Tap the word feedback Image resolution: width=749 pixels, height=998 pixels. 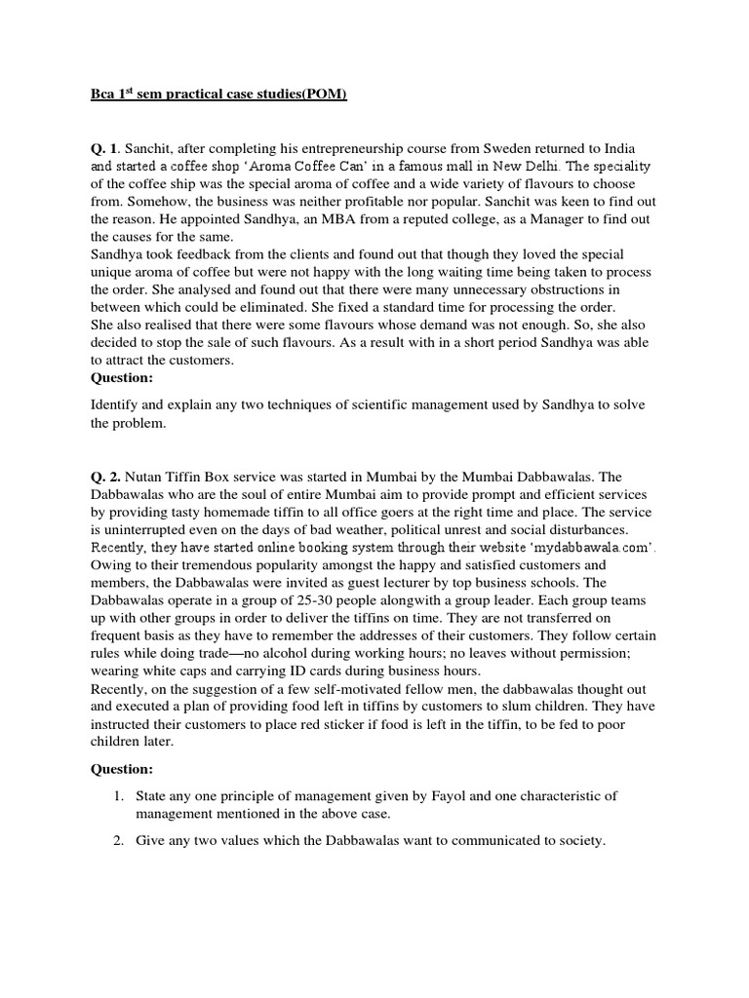point(195,255)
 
